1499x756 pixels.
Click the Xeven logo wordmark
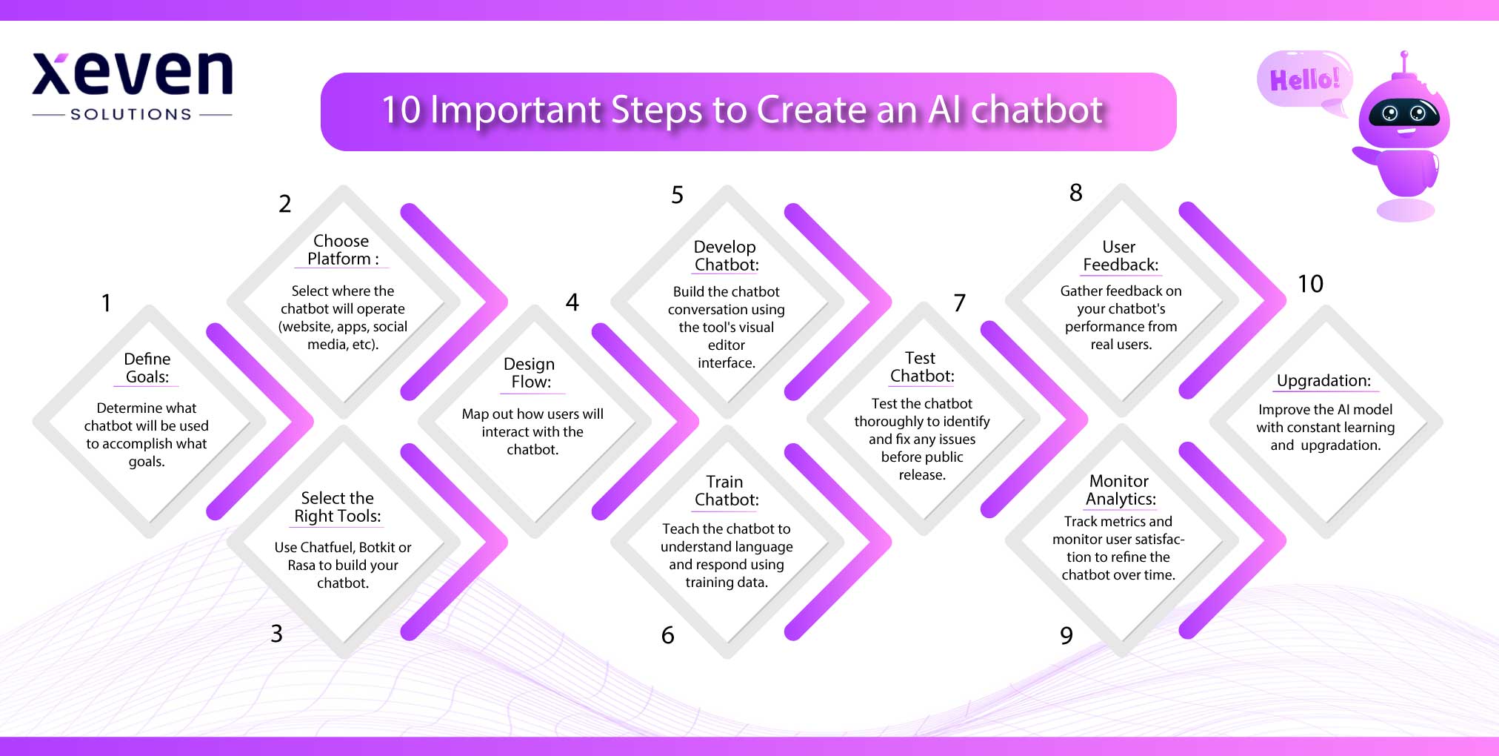(x=132, y=74)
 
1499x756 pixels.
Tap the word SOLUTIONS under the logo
(x=131, y=114)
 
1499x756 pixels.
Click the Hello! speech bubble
(x=1304, y=79)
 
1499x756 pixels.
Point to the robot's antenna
(x=1403, y=63)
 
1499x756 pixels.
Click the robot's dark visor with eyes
(x=1403, y=113)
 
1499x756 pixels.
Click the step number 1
(x=106, y=302)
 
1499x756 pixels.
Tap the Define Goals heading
(x=147, y=368)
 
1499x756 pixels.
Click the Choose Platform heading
(x=341, y=250)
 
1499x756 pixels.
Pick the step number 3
(x=276, y=634)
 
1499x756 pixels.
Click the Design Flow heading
(x=530, y=373)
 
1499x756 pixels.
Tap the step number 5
(x=677, y=195)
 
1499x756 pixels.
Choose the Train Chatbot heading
(x=726, y=491)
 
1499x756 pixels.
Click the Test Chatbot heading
(x=921, y=367)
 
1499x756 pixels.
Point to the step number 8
(x=1076, y=193)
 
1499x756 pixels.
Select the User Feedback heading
(x=1120, y=256)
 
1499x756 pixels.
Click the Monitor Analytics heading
(x=1120, y=490)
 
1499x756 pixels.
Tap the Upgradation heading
(x=1323, y=381)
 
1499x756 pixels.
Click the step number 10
(x=1310, y=284)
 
